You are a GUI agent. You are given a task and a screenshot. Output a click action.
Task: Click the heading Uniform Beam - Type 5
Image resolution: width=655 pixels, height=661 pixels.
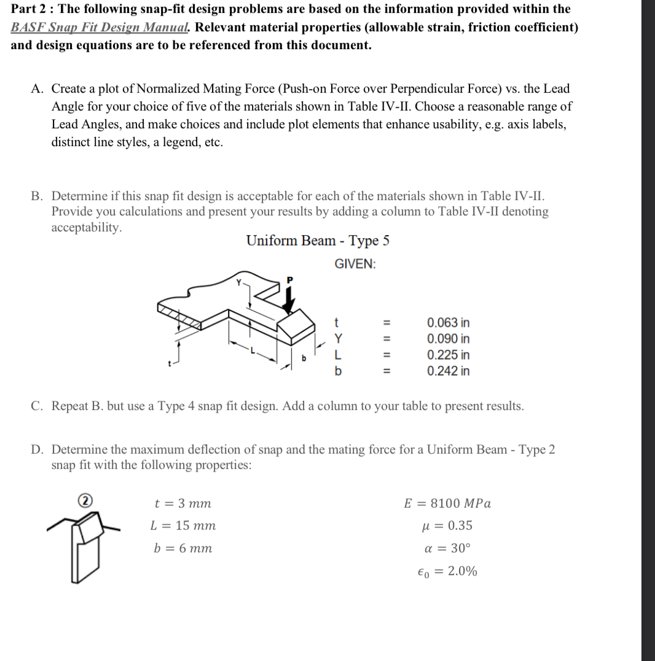(318, 241)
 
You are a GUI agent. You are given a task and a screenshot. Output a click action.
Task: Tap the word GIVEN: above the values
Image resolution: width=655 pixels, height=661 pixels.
(355, 264)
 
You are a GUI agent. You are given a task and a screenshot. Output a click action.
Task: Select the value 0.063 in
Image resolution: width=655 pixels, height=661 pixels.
(448, 323)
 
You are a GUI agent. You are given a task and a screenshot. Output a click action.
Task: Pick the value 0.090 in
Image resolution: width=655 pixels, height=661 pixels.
(448, 339)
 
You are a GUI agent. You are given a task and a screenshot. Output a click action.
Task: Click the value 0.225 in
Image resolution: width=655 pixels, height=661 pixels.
(448, 355)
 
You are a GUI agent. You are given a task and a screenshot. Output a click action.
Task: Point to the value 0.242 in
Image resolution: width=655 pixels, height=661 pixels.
(448, 371)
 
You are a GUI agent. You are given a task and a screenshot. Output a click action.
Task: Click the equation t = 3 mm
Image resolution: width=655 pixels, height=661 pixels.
(182, 504)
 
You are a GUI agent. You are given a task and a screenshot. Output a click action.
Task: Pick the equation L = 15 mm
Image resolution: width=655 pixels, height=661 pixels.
(183, 526)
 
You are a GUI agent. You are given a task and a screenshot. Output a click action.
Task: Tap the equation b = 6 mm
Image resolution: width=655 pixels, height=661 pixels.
(182, 548)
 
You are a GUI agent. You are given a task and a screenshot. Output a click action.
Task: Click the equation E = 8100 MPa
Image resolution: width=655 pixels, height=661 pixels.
(447, 504)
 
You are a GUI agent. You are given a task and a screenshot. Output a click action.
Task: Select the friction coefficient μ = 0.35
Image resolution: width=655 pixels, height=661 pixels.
(451, 526)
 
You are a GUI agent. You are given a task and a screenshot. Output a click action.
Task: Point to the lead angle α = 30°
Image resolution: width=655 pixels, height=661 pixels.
(452, 548)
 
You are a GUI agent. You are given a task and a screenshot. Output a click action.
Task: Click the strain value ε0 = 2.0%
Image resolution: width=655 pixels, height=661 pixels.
(447, 571)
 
